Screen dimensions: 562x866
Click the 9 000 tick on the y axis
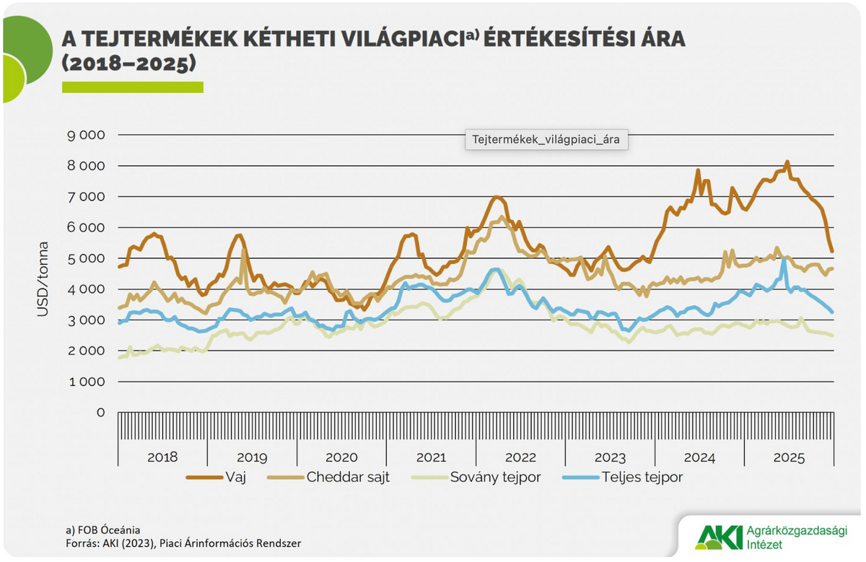point(85,135)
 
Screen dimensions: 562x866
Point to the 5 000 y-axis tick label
point(85,258)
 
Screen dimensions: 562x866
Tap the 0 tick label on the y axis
point(100,413)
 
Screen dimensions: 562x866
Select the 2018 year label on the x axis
point(162,457)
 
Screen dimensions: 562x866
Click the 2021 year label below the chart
point(431,457)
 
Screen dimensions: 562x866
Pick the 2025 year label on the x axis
point(789,457)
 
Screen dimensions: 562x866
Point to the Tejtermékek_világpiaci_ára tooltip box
point(546,139)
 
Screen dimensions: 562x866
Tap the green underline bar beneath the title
point(132,87)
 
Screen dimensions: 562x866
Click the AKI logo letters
point(717,537)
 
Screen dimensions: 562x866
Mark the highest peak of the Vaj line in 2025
point(787,162)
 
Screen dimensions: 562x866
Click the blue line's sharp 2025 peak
point(784,258)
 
